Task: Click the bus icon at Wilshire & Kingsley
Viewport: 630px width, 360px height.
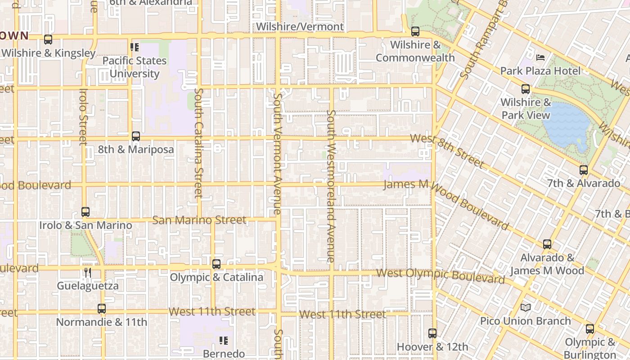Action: [48, 40]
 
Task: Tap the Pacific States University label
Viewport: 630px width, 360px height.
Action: [135, 67]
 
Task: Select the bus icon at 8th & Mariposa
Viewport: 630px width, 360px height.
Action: [135, 136]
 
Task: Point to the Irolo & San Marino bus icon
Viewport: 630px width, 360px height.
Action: [85, 211]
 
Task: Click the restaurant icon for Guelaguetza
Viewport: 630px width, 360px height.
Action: [88, 272]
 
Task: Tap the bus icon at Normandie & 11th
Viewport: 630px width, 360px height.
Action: [102, 309]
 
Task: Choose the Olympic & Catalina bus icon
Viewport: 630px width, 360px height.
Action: [216, 264]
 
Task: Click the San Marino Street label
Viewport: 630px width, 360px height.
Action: [199, 220]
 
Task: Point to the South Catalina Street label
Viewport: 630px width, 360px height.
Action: [199, 143]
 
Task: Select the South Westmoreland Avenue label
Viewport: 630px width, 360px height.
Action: [331, 186]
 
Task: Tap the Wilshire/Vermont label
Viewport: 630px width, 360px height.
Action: [300, 27]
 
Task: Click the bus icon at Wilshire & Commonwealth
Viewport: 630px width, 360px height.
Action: [415, 31]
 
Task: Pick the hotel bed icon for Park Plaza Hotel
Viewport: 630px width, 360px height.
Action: [540, 57]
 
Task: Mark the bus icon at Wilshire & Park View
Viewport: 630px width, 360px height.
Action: [526, 89]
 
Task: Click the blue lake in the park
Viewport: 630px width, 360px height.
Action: [567, 124]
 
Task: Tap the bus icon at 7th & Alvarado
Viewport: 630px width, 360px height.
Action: [584, 170]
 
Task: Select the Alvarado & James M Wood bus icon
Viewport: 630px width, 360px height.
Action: [547, 244]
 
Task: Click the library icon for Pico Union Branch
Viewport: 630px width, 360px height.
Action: [526, 308]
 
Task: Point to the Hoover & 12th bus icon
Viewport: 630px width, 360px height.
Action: [432, 333]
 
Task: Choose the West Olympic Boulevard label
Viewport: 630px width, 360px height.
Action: [441, 276]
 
